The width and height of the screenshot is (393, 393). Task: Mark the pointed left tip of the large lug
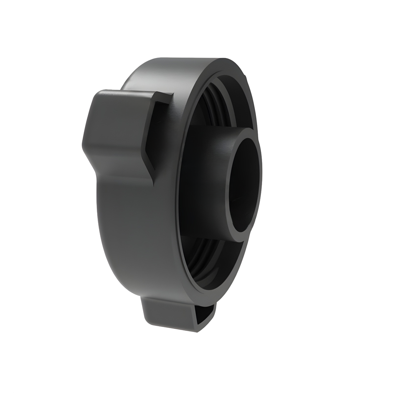83,144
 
